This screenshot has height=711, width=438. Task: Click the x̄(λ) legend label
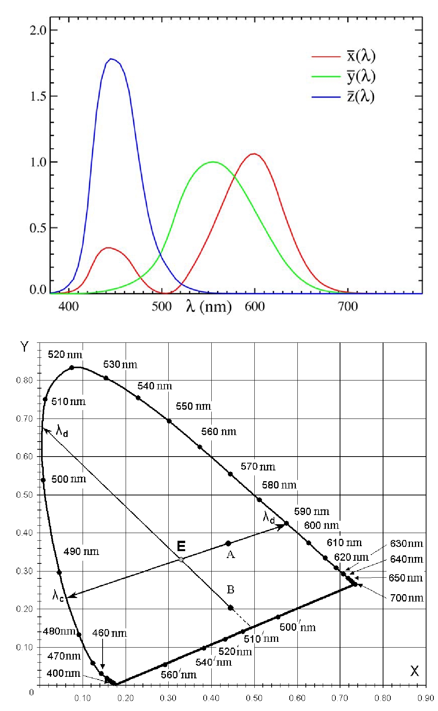(361, 56)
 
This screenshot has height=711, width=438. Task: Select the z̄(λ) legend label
(361, 96)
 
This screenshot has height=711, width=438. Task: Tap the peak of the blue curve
(111, 59)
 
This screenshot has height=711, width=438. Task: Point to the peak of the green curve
(213, 162)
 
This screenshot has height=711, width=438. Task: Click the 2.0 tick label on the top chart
(38, 30)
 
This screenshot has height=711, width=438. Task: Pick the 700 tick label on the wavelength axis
(348, 306)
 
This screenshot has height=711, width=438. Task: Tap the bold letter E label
(181, 546)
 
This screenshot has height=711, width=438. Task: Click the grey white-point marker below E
(181, 560)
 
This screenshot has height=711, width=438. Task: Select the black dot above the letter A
(229, 543)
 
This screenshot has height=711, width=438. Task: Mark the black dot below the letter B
(231, 608)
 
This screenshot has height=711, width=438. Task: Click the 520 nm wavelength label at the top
(65, 354)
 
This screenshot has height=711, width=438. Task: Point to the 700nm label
(406, 598)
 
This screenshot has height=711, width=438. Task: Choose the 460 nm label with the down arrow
(109, 633)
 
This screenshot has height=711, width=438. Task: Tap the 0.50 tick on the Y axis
(25, 495)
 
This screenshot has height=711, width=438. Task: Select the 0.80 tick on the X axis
(383, 698)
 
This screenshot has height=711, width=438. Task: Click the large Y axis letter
(25, 347)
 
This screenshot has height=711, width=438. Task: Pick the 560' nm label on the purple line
(178, 674)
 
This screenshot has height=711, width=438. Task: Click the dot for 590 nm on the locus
(286, 523)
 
